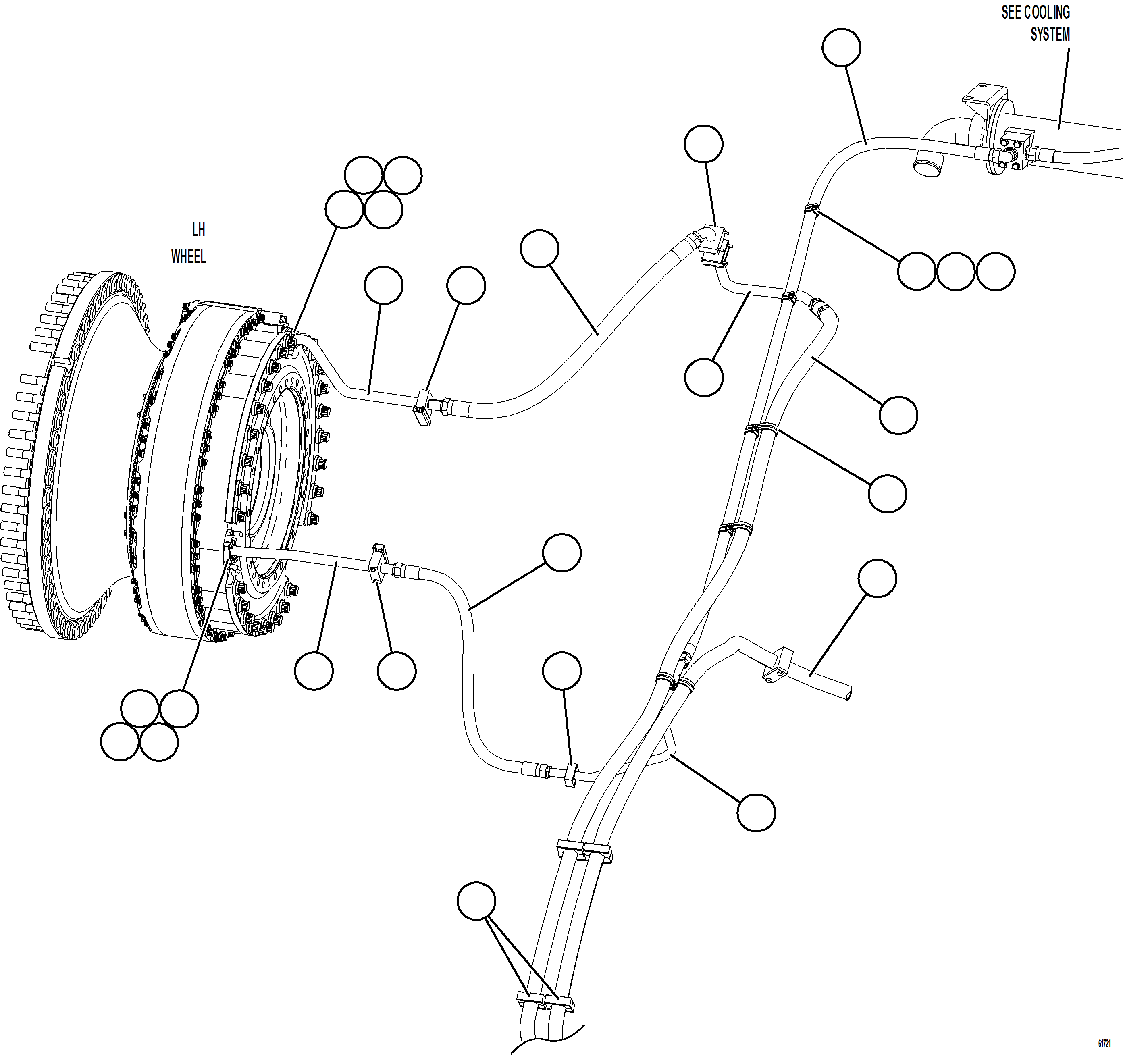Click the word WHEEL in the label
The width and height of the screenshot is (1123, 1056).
coord(189,256)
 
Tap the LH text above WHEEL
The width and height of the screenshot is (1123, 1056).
coord(198,230)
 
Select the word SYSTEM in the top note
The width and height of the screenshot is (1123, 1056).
coord(1050,34)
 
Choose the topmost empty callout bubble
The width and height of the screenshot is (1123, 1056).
coord(841,48)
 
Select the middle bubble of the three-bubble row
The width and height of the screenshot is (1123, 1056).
coord(956,272)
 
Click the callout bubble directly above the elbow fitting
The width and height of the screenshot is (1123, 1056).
coord(703,144)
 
